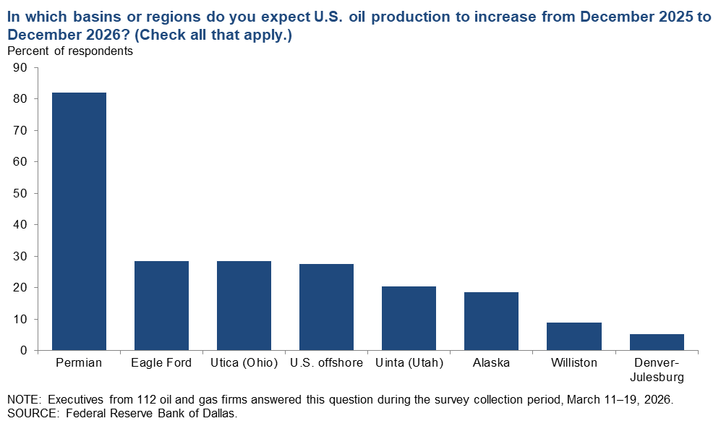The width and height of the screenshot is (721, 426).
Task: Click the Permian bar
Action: [79, 221]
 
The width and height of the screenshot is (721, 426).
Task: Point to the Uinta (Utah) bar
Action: [409, 318]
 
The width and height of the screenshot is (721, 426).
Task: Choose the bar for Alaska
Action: [491, 321]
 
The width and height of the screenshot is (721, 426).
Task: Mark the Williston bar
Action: [573, 336]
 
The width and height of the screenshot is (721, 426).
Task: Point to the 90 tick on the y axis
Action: [20, 68]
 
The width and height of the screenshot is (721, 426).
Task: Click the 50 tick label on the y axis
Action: [20, 193]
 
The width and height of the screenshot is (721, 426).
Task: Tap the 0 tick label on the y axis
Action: [24, 350]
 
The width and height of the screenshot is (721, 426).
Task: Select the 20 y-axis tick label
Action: [20, 287]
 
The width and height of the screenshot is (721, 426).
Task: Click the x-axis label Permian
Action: [79, 363]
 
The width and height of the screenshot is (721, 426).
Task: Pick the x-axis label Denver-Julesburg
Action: [656, 370]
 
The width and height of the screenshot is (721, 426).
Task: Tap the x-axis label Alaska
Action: [491, 363]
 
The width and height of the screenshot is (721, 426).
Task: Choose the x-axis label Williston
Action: [573, 363]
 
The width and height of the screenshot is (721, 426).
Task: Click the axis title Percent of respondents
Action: [70, 51]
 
